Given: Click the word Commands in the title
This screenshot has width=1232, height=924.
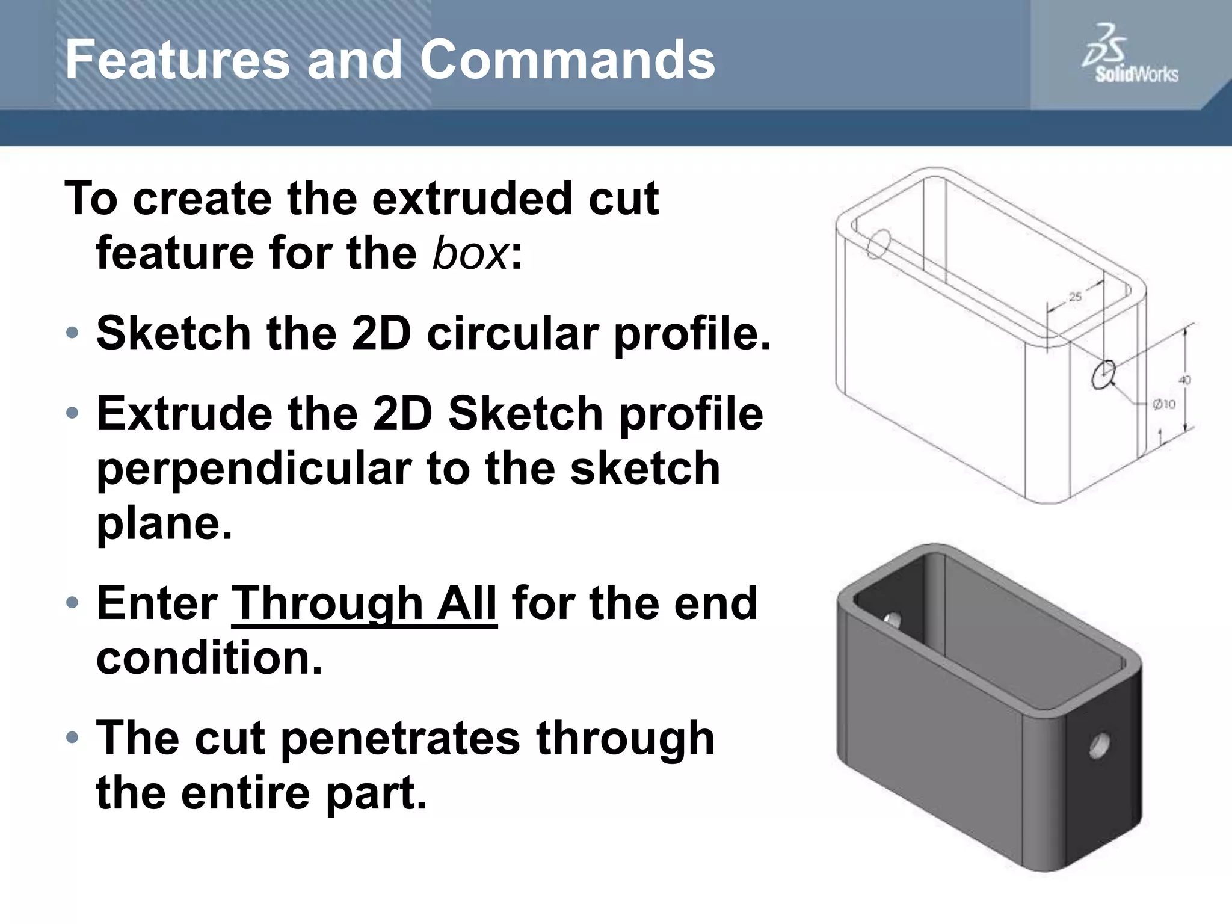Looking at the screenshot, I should point(567,60).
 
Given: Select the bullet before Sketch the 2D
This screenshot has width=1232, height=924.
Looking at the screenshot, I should point(72,333).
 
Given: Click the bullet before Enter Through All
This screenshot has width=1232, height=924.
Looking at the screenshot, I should point(72,602).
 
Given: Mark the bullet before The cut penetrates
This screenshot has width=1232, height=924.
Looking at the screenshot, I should point(72,737).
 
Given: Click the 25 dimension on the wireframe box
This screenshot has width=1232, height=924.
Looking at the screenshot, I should point(1074,297).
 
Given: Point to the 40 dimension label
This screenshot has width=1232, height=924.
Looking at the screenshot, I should point(1184,380).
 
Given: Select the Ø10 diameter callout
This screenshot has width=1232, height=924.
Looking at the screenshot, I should point(1164,404).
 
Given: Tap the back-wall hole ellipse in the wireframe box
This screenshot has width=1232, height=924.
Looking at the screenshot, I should point(878,244).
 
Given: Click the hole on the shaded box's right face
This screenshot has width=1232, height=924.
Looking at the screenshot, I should point(1098,747).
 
